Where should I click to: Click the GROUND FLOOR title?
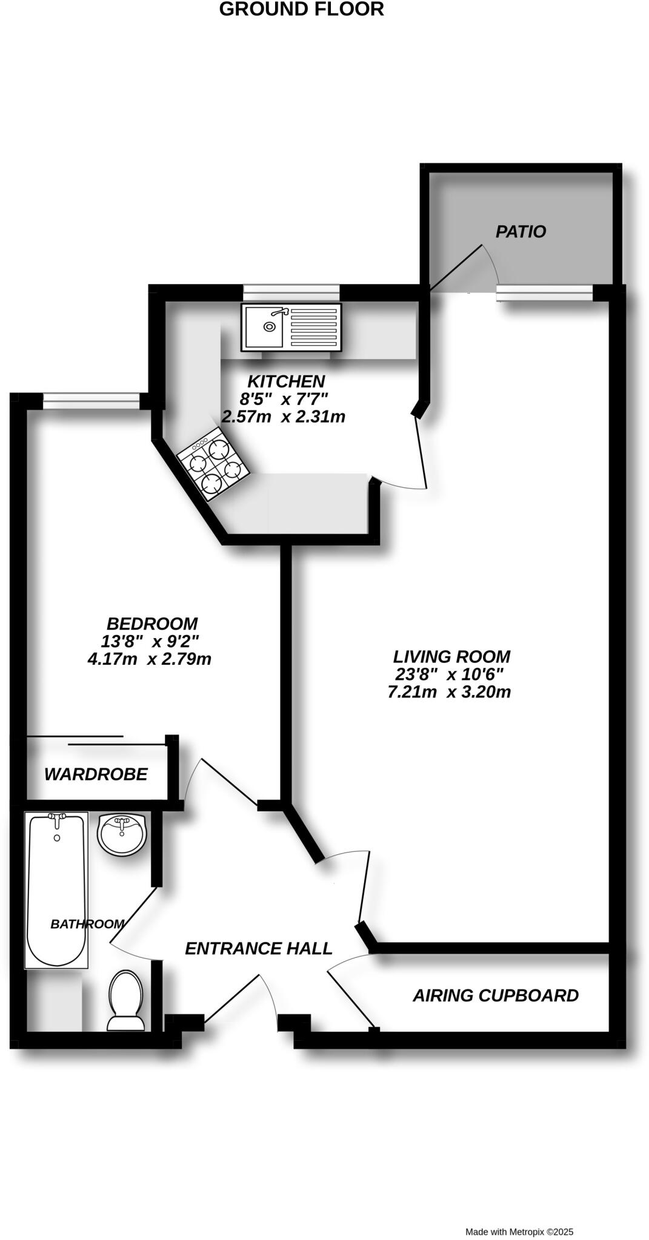click(301, 10)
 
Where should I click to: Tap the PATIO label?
click(521, 231)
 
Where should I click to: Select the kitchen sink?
click(291, 327)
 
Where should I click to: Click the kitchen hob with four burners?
click(212, 463)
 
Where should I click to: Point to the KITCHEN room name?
click(286, 381)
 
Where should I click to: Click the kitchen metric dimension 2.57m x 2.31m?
click(284, 417)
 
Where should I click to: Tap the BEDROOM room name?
click(152, 624)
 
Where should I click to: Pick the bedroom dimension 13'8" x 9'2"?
click(150, 641)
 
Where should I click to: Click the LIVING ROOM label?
click(451, 656)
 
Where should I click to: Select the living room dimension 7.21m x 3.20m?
click(449, 692)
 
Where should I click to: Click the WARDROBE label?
click(96, 774)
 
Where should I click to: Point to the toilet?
click(125, 999)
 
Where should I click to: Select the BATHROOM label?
click(87, 924)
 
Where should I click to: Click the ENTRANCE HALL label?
click(258, 948)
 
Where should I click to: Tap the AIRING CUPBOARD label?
click(496, 995)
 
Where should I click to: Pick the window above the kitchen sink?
click(291, 292)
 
